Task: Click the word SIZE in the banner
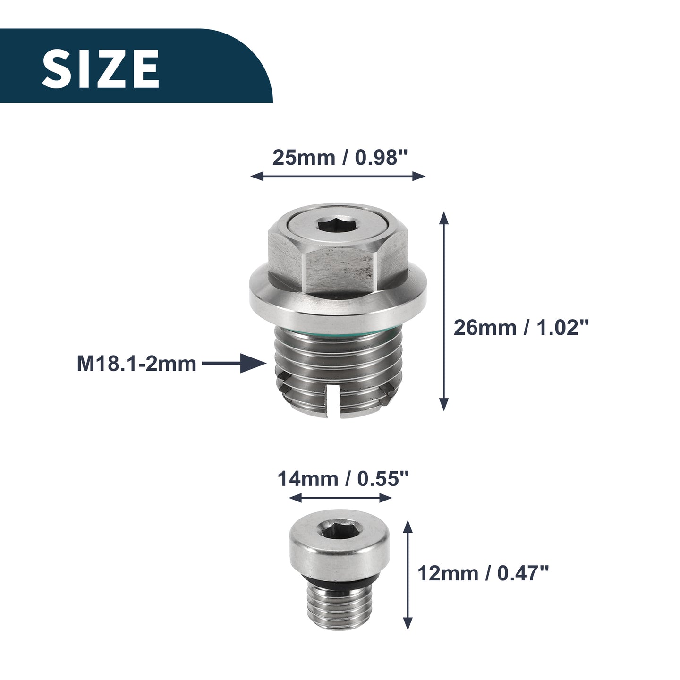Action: [101, 68]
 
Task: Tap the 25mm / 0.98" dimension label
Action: [340, 157]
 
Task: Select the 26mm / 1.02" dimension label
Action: [521, 327]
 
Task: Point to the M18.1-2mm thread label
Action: [136, 364]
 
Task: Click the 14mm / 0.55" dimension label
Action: [343, 479]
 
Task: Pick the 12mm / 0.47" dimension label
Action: [483, 573]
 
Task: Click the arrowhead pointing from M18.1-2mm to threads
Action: [253, 363]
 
